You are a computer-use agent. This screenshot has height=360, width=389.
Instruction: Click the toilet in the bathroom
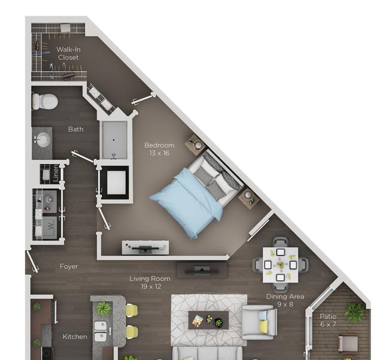45,101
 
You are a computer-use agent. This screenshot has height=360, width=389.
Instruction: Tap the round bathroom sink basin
42,140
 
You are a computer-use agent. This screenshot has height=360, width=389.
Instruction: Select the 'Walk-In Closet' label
68,53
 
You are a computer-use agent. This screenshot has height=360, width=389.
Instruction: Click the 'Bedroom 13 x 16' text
159,149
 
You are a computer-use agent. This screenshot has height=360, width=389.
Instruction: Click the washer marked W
50,226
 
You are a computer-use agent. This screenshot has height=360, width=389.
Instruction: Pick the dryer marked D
50,200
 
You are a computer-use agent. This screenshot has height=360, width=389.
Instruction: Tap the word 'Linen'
56,173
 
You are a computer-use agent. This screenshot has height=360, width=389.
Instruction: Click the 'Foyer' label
69,267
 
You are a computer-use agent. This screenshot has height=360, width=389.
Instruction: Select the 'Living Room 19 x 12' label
150,283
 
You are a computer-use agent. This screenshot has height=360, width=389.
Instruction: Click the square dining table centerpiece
281,265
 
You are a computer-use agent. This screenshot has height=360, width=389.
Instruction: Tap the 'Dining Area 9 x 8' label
285,300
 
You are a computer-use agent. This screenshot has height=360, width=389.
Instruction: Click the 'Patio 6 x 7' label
328,320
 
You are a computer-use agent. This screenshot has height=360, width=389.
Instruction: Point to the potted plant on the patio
354,311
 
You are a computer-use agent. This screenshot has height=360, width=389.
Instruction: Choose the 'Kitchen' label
75,337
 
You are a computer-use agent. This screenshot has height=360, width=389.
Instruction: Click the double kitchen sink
101,331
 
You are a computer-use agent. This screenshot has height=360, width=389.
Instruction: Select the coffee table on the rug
208,320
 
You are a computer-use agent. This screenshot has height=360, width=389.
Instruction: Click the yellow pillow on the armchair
263,326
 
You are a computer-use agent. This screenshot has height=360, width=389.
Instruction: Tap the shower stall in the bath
114,140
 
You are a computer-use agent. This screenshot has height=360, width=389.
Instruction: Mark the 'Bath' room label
75,129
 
